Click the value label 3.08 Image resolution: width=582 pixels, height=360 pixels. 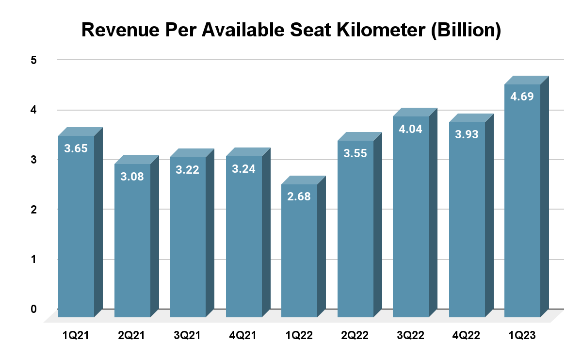tap(132, 176)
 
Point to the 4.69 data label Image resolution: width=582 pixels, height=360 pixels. tap(522, 97)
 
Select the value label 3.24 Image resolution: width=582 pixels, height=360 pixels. tap(243, 169)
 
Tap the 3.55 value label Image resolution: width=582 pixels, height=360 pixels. tap(355, 153)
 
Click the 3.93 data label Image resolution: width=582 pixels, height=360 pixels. tap(467, 134)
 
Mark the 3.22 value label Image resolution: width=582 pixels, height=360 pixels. tap(188, 170)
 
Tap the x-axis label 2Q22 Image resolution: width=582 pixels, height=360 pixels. tap(355, 335)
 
